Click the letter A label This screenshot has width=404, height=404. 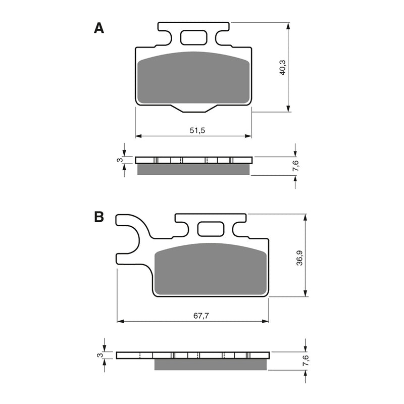tap(99, 28)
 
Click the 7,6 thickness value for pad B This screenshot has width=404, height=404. tap(305, 361)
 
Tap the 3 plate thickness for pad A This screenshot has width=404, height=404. tap(119, 160)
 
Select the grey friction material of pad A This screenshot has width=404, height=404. tap(194, 78)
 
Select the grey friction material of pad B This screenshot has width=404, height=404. tap(210, 268)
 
